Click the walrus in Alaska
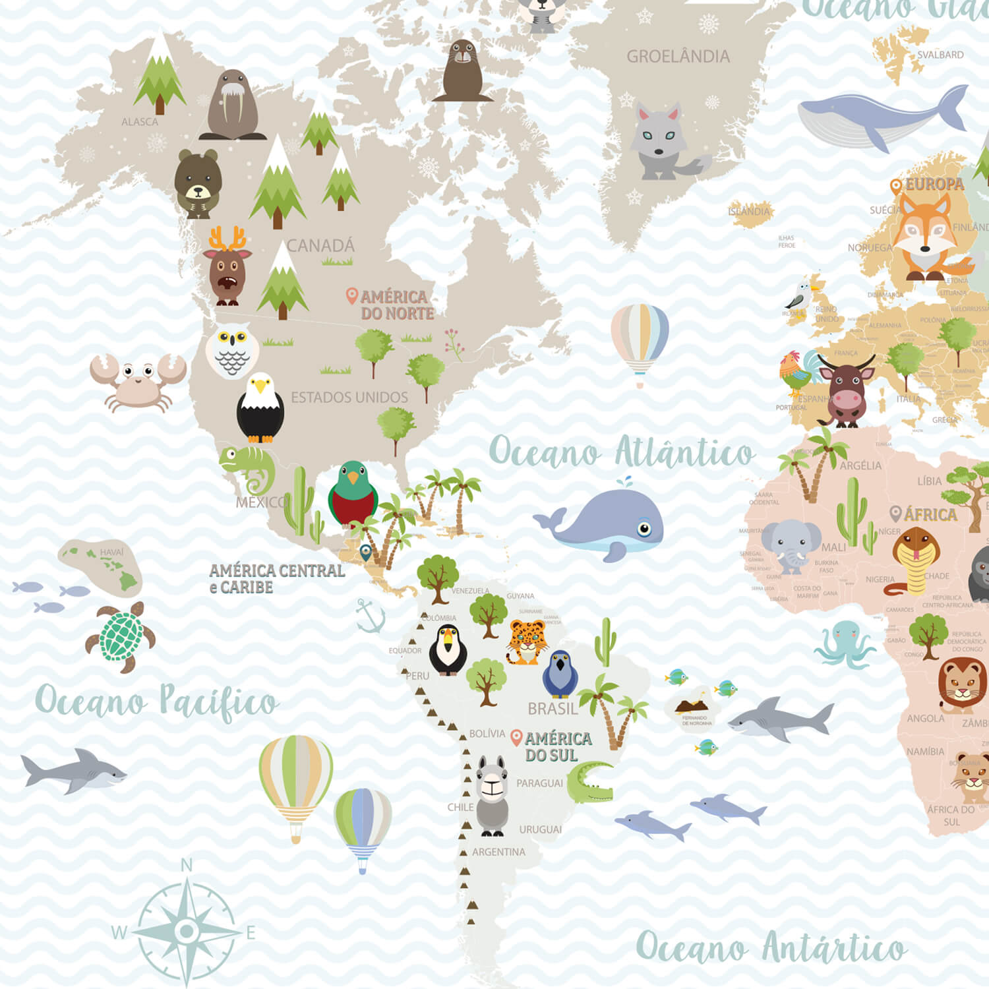[232, 105]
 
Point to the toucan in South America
[448, 650]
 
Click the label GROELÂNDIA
[678, 57]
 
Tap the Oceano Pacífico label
[156, 701]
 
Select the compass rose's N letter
[187, 865]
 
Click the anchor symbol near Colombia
[370, 616]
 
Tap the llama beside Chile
[492, 794]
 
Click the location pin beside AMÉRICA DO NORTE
[352, 296]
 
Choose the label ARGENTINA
[498, 852]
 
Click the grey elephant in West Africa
[791, 545]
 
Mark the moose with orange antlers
[227, 268]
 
